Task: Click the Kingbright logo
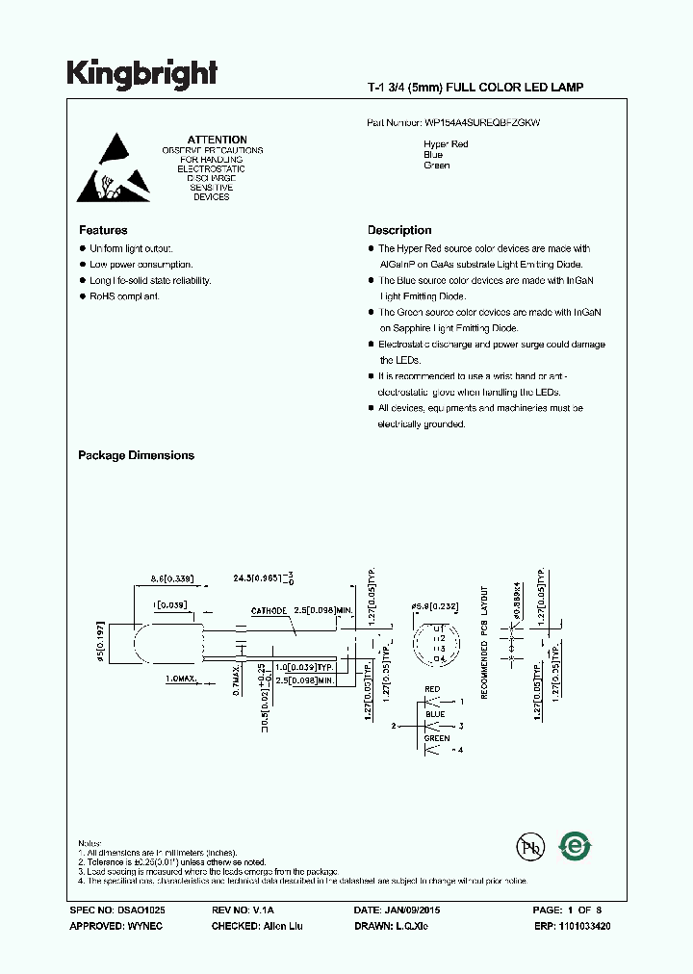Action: point(142,73)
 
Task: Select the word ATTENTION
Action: point(217,140)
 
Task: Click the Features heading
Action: point(103,230)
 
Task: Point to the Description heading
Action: point(399,230)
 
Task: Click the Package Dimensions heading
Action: point(136,455)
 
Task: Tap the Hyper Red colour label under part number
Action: point(446,144)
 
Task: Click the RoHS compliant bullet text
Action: point(125,295)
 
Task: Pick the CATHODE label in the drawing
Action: point(269,610)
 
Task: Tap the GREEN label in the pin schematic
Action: point(436,738)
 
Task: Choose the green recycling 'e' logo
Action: point(576,846)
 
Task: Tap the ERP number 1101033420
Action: point(581,926)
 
